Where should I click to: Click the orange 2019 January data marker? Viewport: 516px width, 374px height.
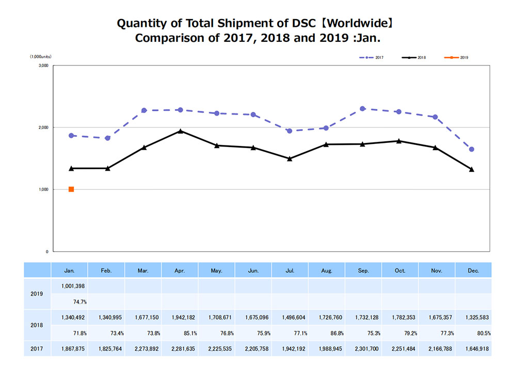pos(71,189)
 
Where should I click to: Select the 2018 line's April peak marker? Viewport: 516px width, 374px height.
pos(180,131)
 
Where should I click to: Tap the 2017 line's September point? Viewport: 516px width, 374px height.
pos(363,109)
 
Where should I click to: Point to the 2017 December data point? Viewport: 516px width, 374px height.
pos(472,150)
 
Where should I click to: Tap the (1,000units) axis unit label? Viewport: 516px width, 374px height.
pos(39,56)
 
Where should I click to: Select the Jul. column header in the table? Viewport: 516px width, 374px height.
pos(290,270)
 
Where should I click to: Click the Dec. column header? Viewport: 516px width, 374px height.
pos(473,270)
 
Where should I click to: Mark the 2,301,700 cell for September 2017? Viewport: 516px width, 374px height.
pos(363,349)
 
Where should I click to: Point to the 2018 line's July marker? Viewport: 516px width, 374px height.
pos(290,158)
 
